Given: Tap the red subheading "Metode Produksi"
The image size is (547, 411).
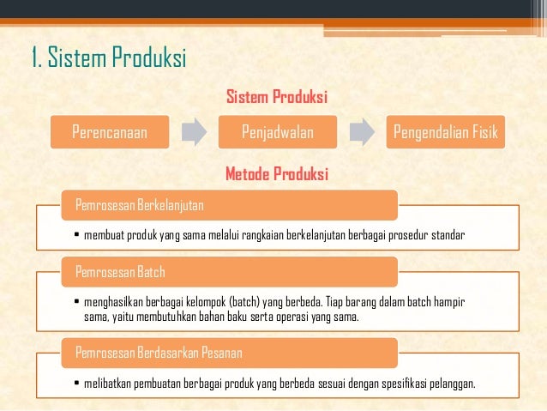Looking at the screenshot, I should [x=277, y=175].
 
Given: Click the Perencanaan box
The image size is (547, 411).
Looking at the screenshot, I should [x=109, y=133].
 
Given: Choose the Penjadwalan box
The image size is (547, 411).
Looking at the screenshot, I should [x=277, y=133].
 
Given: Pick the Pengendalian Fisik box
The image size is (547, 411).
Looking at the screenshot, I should [x=445, y=133].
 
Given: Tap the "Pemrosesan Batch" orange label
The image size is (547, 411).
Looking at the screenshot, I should [x=121, y=273].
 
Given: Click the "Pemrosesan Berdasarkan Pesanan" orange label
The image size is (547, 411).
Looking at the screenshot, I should [x=159, y=353].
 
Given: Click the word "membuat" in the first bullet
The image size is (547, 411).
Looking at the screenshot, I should [x=102, y=235].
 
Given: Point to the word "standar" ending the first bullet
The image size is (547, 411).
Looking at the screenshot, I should [x=446, y=235].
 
